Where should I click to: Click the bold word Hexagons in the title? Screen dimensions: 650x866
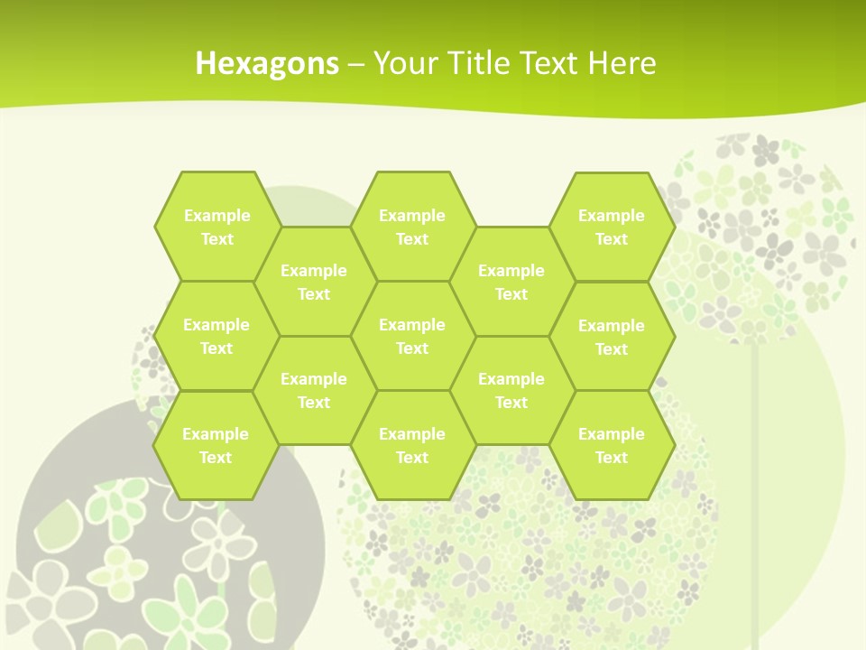click(x=267, y=63)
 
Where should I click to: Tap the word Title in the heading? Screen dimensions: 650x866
click(x=474, y=63)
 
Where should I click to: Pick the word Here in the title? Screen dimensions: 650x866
click(x=622, y=63)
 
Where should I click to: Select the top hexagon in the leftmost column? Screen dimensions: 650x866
click(x=216, y=227)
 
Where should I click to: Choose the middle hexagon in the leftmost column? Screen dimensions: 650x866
click(x=216, y=336)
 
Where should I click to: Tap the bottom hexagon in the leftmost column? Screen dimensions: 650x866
click(x=216, y=445)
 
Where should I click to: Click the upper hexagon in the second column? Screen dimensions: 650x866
click(x=314, y=282)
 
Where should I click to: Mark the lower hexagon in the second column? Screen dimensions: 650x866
click(x=314, y=390)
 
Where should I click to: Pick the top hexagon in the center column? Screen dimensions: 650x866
click(x=412, y=227)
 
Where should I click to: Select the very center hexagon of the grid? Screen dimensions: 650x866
click(x=412, y=336)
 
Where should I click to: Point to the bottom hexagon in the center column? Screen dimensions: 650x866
click(x=412, y=445)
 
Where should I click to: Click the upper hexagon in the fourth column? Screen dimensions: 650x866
click(x=511, y=282)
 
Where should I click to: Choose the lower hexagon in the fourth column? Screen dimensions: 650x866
click(x=511, y=390)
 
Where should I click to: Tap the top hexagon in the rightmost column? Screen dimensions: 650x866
click(x=612, y=227)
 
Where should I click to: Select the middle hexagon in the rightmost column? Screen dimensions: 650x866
click(x=612, y=337)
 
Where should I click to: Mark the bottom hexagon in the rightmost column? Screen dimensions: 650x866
click(x=612, y=445)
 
